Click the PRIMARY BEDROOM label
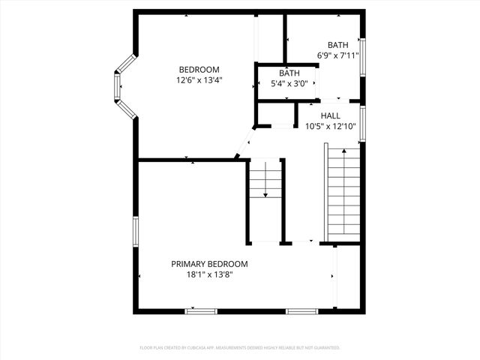tap(209, 264)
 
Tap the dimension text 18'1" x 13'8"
tap(209, 274)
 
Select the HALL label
tap(330, 116)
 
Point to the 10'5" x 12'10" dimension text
tap(330, 126)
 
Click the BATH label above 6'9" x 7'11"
tap(337, 45)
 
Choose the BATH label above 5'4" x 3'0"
tap(289, 73)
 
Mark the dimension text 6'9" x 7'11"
tap(337, 55)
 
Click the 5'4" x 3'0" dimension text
tap(289, 82)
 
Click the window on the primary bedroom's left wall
tap(136, 231)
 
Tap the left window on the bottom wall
tap(201, 310)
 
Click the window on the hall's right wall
tap(362, 124)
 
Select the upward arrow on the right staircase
tap(344, 154)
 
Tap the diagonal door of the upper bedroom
tap(243, 144)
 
